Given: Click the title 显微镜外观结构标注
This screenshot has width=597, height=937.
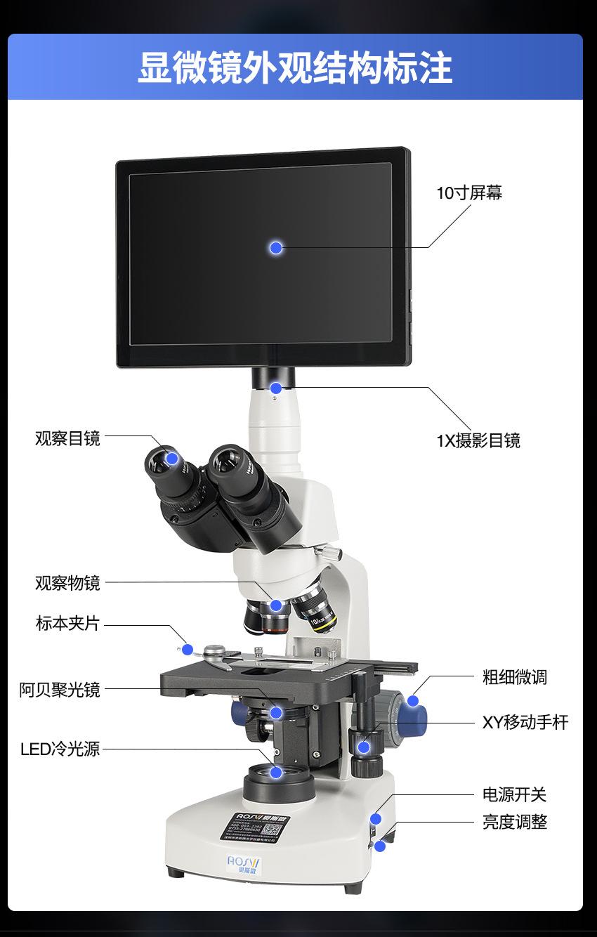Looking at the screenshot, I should click(295, 67).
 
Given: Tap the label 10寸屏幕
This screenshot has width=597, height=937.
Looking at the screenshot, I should click(469, 193).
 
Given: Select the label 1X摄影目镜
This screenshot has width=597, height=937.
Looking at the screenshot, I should click(478, 440).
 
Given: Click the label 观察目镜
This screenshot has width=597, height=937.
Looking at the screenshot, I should click(67, 438).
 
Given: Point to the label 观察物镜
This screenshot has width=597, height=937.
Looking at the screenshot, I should click(67, 582).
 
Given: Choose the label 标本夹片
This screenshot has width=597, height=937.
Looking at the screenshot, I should click(67, 623).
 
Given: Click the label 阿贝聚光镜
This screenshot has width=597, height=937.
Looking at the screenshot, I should click(60, 690).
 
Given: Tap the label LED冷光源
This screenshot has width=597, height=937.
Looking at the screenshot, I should click(60, 749).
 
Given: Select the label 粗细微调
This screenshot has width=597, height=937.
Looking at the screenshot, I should click(514, 677).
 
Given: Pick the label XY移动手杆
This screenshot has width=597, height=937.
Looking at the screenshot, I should click(525, 722).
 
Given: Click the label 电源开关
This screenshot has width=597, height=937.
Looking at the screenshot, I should click(514, 794).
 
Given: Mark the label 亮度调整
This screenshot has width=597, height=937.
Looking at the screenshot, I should click(514, 822).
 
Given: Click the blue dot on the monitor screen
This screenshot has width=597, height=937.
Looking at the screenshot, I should click(276, 247).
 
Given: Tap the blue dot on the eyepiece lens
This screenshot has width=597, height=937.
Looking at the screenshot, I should click(172, 458).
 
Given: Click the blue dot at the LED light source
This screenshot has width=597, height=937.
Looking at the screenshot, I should click(276, 773).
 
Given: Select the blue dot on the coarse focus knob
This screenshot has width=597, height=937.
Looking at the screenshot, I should click(413, 700).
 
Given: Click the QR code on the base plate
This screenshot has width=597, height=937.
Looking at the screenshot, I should click(273, 829).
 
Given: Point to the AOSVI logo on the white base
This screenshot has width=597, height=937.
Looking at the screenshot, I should click(243, 862).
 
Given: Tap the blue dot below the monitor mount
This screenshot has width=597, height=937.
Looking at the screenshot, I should click(276, 388).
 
